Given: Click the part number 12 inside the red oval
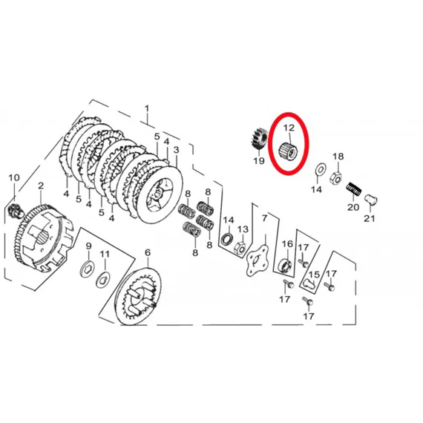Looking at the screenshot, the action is tap(289, 128).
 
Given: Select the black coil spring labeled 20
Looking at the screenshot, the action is tap(354, 189).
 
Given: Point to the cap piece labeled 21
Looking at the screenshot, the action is tap(370, 200).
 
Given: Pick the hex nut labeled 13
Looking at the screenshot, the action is tap(240, 247).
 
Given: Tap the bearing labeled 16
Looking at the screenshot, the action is tap(285, 265).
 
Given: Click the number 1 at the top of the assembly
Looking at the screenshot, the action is tap(147, 109).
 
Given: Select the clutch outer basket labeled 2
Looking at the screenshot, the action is tap(43, 238).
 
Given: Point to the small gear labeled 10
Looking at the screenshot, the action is tap(13, 210).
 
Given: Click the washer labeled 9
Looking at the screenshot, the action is tap(87, 269).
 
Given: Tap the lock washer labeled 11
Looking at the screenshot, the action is tap(103, 280).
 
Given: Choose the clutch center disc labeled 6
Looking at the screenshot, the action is tap(138, 296).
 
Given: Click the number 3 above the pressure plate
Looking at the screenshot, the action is tap(176, 150).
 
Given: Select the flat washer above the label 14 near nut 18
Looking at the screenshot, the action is tap(321, 169).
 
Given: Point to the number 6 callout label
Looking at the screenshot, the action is tap(148, 253).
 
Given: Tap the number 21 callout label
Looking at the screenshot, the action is tap(370, 218).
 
